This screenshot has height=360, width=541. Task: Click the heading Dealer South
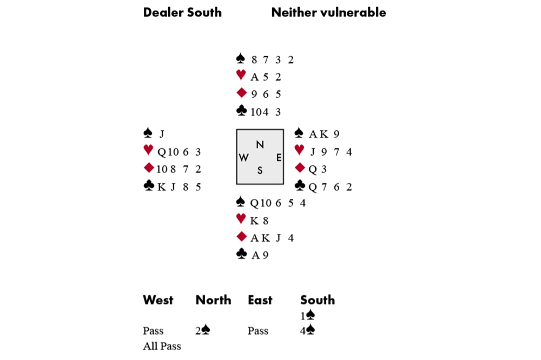tap(182, 12)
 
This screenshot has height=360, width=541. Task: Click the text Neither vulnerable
tap(328, 12)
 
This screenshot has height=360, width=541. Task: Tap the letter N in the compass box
tap(260, 144)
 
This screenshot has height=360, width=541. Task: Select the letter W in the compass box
tap(243, 157)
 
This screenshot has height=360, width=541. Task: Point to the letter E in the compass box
tap(279, 157)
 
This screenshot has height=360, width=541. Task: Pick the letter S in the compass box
tap(260, 170)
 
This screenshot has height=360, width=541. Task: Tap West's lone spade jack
tap(161, 134)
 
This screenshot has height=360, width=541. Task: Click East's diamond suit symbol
tap(300, 169)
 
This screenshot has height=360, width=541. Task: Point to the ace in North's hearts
tap(254, 77)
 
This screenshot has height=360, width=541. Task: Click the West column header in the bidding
tap(158, 300)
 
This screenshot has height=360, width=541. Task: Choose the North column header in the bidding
tap(213, 300)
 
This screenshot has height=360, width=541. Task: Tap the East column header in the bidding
tap(260, 300)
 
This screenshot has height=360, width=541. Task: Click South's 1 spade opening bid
tap(307, 315)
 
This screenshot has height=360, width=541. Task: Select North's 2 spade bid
tap(202, 330)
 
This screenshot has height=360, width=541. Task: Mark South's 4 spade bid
tap(307, 330)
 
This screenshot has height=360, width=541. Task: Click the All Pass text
tap(162, 346)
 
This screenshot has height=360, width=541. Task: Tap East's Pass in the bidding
tap(258, 330)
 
